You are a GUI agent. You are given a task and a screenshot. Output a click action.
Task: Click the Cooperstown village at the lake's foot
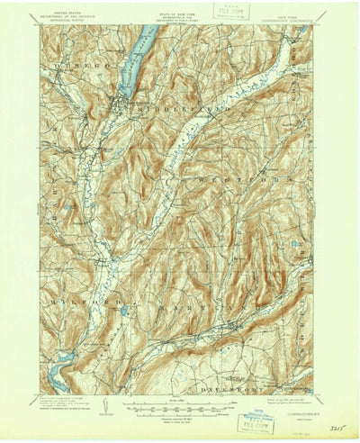point(117,102)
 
